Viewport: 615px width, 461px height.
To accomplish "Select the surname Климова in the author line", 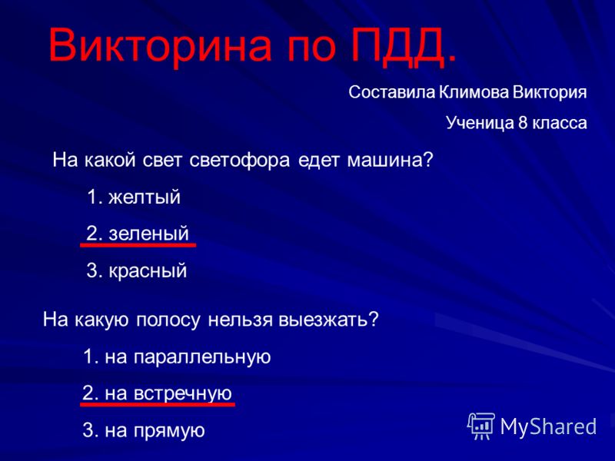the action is click(474, 92).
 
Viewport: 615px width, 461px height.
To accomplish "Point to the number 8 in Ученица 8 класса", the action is click(523, 123).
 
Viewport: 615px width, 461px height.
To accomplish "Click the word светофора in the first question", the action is click(239, 161).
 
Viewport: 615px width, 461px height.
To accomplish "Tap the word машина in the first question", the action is click(385, 161).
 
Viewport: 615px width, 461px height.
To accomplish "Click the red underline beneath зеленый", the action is click(138, 245).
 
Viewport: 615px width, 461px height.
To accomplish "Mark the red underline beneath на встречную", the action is click(158, 403).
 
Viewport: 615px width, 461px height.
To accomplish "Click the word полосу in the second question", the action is click(168, 320).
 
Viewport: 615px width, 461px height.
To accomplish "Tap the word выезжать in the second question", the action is click(324, 320).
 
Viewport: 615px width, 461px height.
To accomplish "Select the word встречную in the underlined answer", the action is click(183, 393).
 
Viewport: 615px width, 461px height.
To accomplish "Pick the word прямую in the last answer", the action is click(169, 431).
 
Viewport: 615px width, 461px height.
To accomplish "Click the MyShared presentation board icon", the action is click(481, 426).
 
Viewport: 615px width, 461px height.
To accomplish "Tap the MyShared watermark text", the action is click(548, 426).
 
